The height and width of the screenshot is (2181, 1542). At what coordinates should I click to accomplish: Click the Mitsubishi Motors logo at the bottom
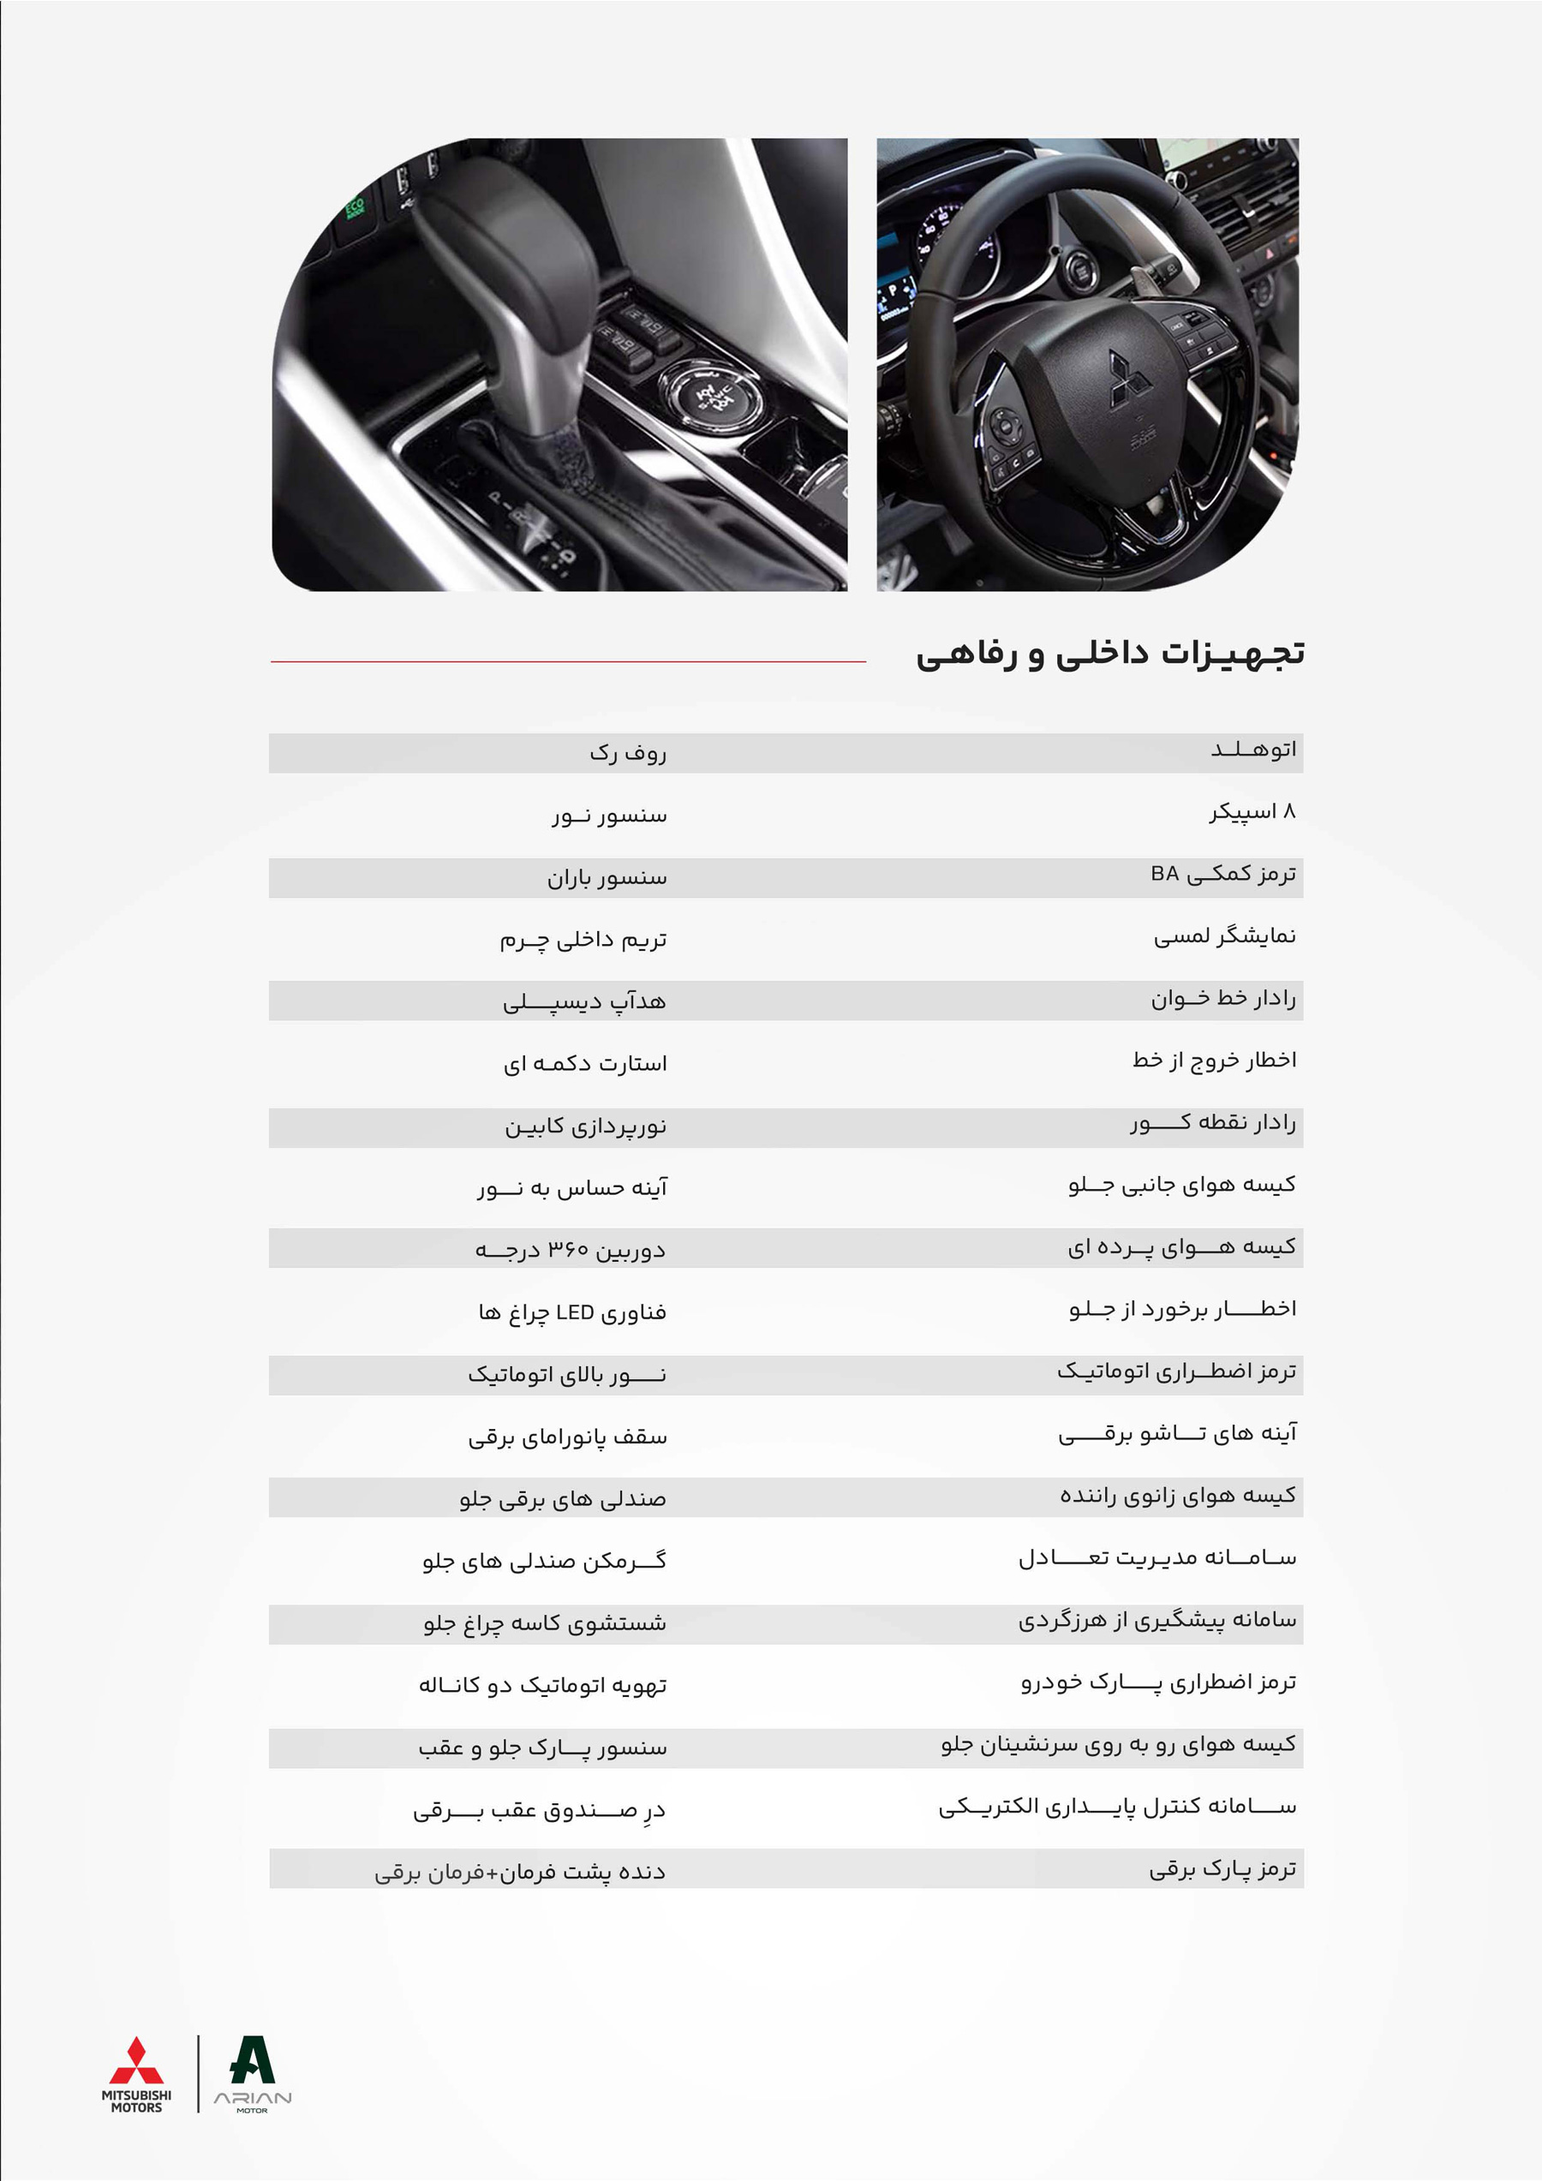click(x=137, y=2074)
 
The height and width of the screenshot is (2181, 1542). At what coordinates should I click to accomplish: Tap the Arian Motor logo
click(x=253, y=2074)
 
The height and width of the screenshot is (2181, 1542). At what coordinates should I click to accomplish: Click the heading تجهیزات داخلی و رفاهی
click(x=1109, y=654)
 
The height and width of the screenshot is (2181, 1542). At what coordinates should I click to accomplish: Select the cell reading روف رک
click(x=628, y=753)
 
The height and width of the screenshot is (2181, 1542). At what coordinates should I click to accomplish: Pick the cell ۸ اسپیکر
click(x=1252, y=812)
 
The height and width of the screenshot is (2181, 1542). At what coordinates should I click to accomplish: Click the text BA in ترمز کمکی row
click(x=1165, y=874)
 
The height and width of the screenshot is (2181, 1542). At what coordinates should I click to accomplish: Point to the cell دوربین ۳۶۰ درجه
click(x=570, y=1249)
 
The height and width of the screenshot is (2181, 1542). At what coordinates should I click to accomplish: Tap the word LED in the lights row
click(x=575, y=1312)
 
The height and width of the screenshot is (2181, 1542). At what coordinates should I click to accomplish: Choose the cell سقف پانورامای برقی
click(x=567, y=1437)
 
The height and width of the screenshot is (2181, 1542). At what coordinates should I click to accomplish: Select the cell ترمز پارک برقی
click(x=1222, y=1869)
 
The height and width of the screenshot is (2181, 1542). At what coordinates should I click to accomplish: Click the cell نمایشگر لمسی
click(x=1225, y=936)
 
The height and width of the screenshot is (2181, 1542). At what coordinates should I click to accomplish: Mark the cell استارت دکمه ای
click(x=585, y=1064)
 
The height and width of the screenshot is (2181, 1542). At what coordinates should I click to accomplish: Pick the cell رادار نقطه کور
click(x=1213, y=1123)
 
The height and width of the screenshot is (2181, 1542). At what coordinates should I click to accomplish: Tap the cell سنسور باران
click(x=607, y=878)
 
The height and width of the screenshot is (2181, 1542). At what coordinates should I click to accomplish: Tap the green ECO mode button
click(x=355, y=206)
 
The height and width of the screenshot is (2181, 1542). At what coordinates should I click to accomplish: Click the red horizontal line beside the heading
click(x=568, y=661)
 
